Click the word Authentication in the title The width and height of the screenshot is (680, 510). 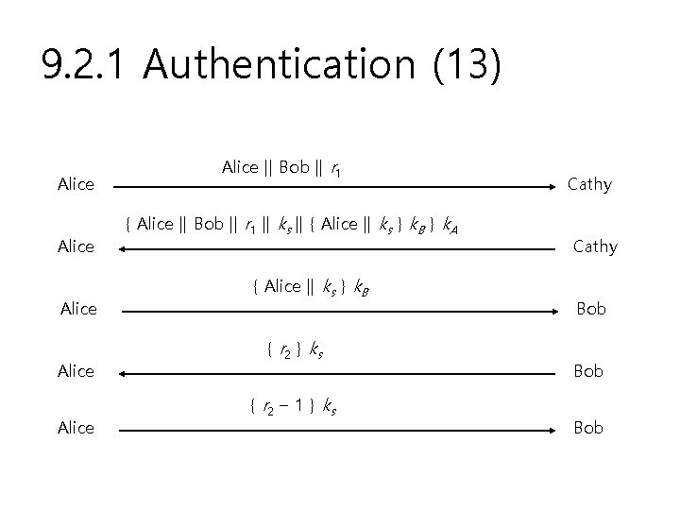[x=280, y=65]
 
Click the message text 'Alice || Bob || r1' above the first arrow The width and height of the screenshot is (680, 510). [x=281, y=168]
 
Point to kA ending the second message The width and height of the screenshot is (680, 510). [x=451, y=226]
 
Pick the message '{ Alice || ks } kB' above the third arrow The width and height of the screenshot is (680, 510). [x=311, y=287]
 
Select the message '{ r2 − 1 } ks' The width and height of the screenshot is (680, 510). [x=293, y=407]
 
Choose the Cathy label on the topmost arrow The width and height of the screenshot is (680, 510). [x=589, y=184]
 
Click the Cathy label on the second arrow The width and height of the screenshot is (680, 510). [x=595, y=246]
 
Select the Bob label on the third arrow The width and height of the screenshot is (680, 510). [x=591, y=309]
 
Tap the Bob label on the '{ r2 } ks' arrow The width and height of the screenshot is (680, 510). [x=587, y=371]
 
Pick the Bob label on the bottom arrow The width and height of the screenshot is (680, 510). [x=587, y=428]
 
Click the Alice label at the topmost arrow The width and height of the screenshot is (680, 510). [x=76, y=184]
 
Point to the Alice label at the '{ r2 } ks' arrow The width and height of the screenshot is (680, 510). [x=76, y=371]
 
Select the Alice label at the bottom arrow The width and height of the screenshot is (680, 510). [x=76, y=428]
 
